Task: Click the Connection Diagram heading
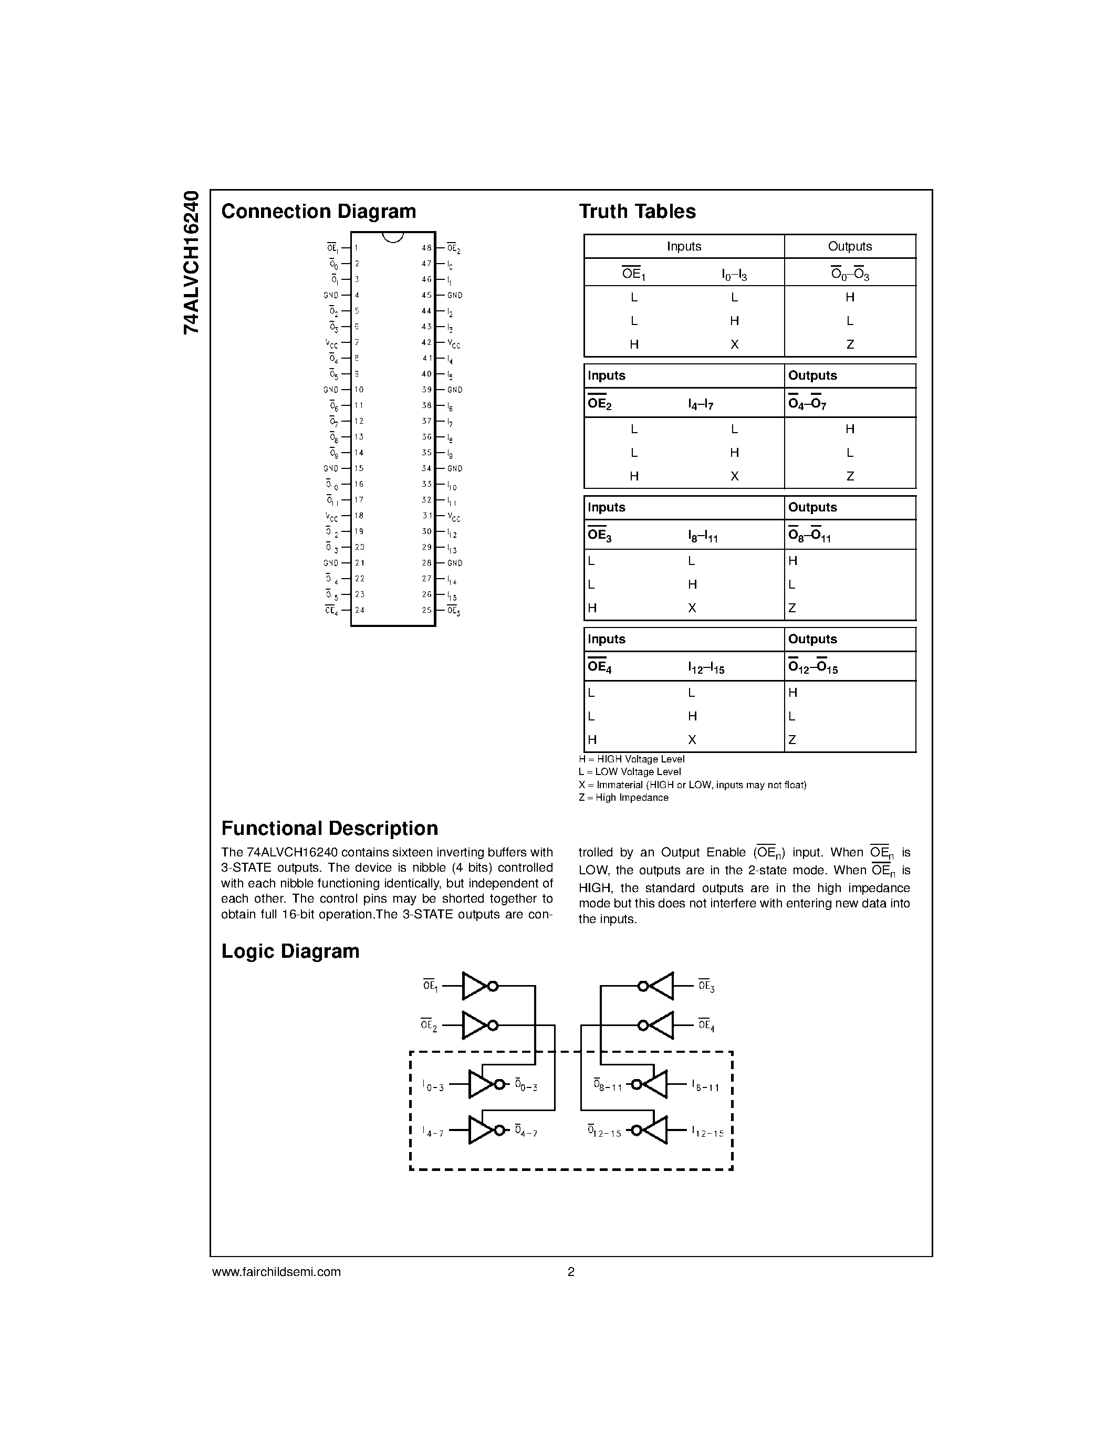click(319, 212)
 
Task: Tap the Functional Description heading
click(329, 829)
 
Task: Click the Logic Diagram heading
click(290, 951)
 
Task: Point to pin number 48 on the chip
click(426, 248)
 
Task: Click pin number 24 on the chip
click(360, 610)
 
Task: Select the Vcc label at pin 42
click(454, 343)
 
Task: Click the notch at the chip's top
click(393, 237)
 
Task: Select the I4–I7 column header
click(700, 403)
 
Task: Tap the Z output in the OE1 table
click(850, 344)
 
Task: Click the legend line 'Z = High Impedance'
click(623, 798)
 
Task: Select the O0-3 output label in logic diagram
click(526, 1086)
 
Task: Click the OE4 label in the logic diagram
click(706, 1026)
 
